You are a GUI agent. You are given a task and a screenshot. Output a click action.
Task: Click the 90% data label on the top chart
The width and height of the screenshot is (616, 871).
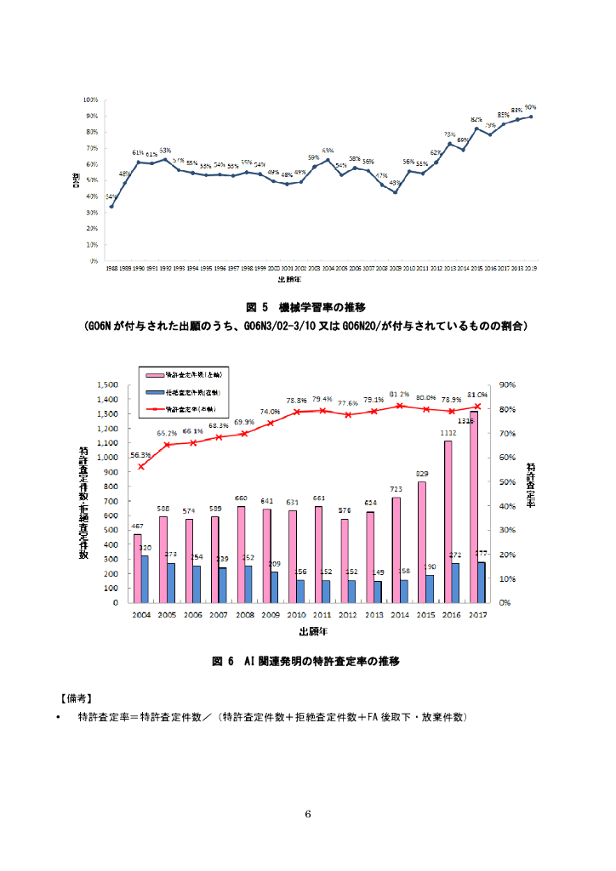click(531, 108)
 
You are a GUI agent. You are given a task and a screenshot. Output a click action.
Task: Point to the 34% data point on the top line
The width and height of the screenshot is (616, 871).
click(111, 207)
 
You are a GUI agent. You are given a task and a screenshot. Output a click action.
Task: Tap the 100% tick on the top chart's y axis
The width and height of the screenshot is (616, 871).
click(89, 100)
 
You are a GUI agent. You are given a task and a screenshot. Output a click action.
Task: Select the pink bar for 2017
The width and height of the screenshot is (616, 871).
click(473, 506)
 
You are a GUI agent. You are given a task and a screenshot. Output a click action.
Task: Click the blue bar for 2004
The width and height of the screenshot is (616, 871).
click(144, 578)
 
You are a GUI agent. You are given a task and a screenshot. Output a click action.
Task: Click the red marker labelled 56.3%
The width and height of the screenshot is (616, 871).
click(141, 466)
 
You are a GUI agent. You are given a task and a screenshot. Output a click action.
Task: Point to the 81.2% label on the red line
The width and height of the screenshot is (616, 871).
click(400, 395)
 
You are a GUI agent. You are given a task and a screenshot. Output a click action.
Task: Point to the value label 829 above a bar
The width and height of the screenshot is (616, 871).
click(423, 474)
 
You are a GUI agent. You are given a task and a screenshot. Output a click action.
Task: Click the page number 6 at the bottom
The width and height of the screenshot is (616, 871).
click(308, 814)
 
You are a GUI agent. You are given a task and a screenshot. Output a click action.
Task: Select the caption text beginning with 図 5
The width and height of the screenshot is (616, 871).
click(305, 306)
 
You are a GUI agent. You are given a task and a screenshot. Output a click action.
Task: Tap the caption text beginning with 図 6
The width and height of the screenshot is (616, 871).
click(305, 661)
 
